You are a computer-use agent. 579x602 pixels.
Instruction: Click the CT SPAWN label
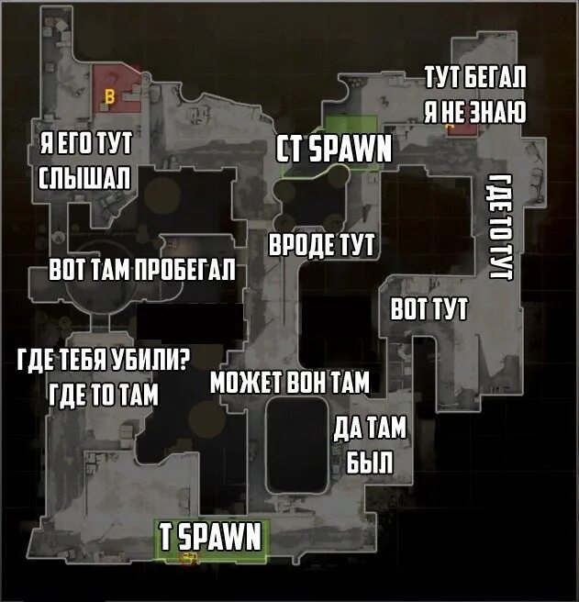335,150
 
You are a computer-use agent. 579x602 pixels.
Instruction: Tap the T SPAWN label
211,537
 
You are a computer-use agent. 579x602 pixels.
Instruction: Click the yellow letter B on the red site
112,95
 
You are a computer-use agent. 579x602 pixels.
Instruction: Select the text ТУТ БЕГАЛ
473,80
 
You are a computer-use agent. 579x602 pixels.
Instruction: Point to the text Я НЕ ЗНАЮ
473,112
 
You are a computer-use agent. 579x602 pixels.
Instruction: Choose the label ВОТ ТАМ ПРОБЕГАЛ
142,273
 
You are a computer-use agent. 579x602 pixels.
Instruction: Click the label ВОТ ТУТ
429,308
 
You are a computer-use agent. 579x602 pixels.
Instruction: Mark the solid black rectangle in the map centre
190,325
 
